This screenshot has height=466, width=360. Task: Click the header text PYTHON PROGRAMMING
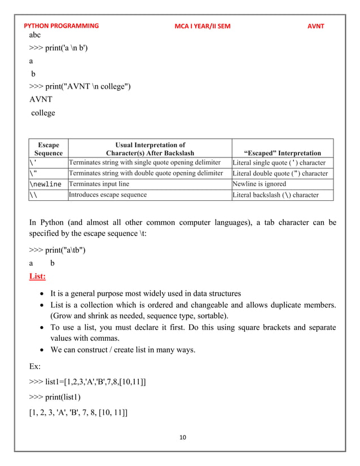61,26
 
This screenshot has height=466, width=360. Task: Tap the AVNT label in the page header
316,26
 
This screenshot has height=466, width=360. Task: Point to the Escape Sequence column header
48,148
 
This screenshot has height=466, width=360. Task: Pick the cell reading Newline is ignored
259,184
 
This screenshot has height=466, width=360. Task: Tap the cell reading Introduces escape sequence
107,195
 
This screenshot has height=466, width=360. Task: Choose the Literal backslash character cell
275,195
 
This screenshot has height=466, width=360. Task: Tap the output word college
43,113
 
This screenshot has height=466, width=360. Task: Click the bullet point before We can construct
42,350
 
